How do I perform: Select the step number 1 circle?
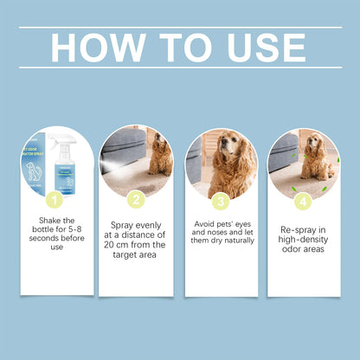click(x=54, y=200)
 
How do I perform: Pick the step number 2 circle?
click(x=136, y=200)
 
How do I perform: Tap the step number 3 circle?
click(x=221, y=200)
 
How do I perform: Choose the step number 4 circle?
click(x=302, y=200)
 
